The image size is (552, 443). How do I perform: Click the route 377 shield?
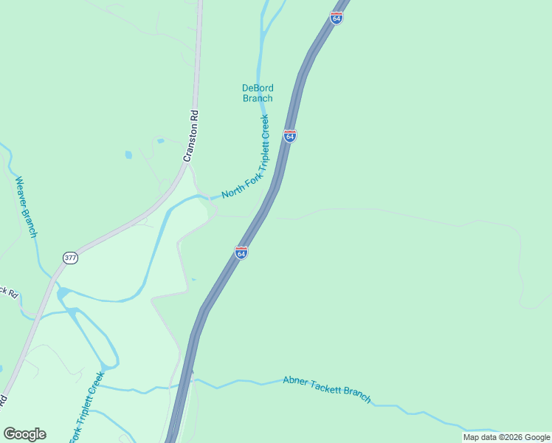pyautogui.click(x=70, y=258)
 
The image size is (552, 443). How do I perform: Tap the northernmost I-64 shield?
pyautogui.click(x=337, y=18)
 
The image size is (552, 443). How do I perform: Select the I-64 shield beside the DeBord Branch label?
pyautogui.click(x=290, y=137)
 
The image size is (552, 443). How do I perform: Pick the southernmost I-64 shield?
pyautogui.click(x=241, y=253)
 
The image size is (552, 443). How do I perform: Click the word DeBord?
pyautogui.click(x=258, y=88)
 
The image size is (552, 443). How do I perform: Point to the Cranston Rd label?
pyautogui.click(x=191, y=137)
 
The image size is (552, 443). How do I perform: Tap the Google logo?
pyautogui.click(x=24, y=434)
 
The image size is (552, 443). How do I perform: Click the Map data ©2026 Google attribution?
pyautogui.click(x=506, y=437)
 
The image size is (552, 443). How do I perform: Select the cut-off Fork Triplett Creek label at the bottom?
pyautogui.click(x=86, y=408)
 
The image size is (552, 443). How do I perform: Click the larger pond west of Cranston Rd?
pyautogui.click(x=128, y=155)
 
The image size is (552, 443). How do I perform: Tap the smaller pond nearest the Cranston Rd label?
pyautogui.click(x=160, y=140)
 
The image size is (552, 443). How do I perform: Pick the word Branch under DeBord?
pyautogui.click(x=258, y=98)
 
